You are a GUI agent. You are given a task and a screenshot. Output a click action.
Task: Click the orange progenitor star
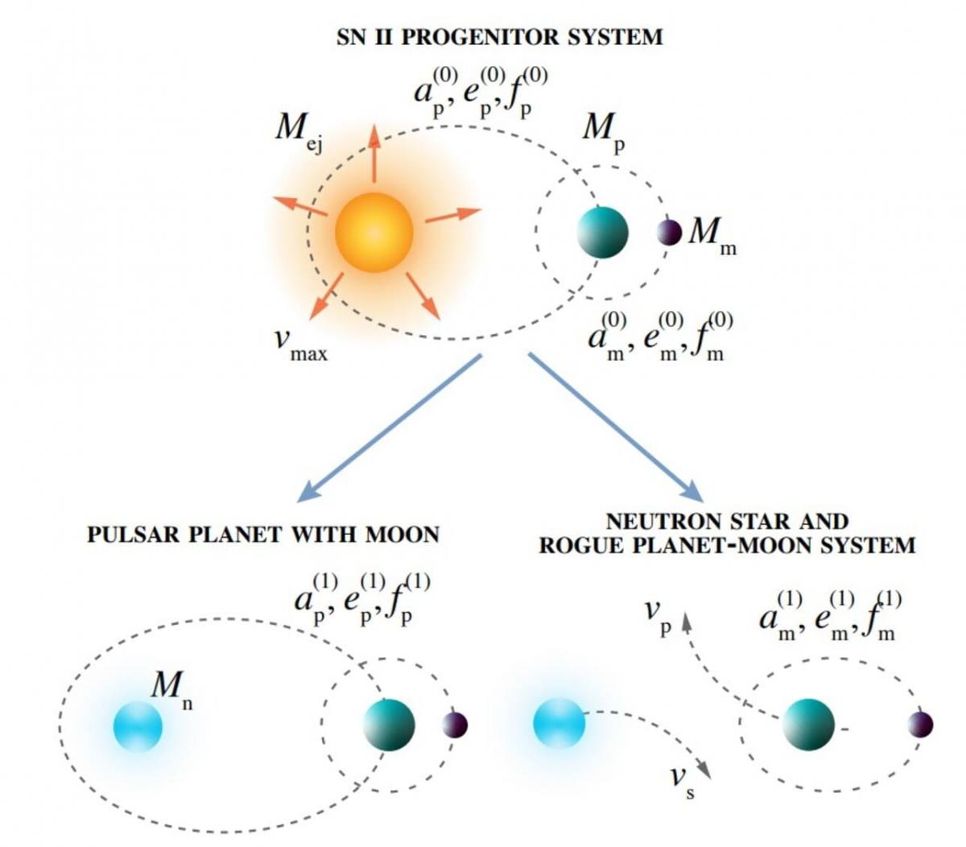[x=374, y=232]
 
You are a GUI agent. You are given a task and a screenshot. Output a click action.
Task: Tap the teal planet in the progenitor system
[x=602, y=232]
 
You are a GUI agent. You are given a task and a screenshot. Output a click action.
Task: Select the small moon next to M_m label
[x=669, y=232]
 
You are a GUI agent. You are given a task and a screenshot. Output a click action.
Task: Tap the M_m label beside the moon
[x=712, y=235]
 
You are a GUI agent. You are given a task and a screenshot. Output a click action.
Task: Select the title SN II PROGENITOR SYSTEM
[x=499, y=36]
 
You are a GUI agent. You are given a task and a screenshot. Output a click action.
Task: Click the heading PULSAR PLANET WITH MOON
[x=263, y=534]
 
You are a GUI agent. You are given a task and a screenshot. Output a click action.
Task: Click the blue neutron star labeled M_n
[x=138, y=725]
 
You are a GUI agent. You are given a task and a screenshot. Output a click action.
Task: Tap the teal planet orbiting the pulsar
[x=389, y=725]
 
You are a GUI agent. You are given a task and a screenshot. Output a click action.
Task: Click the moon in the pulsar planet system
[x=455, y=725]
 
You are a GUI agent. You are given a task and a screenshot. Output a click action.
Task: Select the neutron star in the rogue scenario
[x=559, y=723]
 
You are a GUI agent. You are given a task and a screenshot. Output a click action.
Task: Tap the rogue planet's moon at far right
[x=920, y=725]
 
